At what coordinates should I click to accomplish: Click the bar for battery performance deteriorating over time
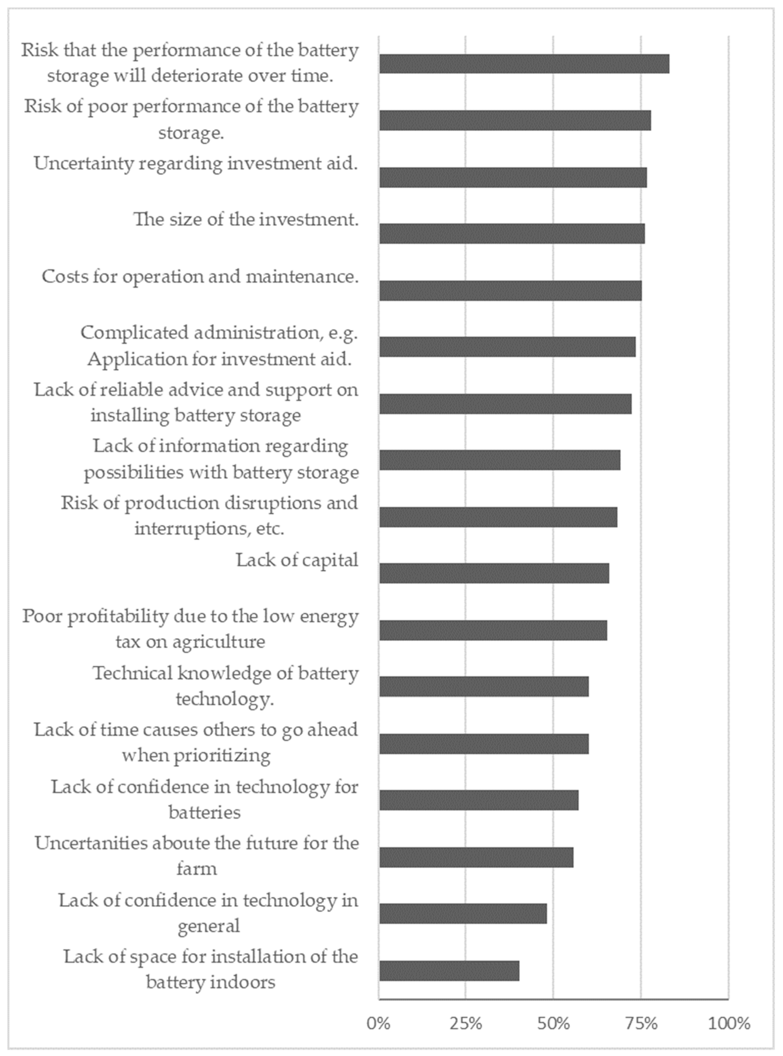524,64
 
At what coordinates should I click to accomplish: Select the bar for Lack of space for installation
449,971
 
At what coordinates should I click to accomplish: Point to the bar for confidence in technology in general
463,914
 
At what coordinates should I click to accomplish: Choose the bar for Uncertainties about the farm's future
476,857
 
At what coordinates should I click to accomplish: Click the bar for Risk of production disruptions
498,517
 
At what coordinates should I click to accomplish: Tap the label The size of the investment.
246,220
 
